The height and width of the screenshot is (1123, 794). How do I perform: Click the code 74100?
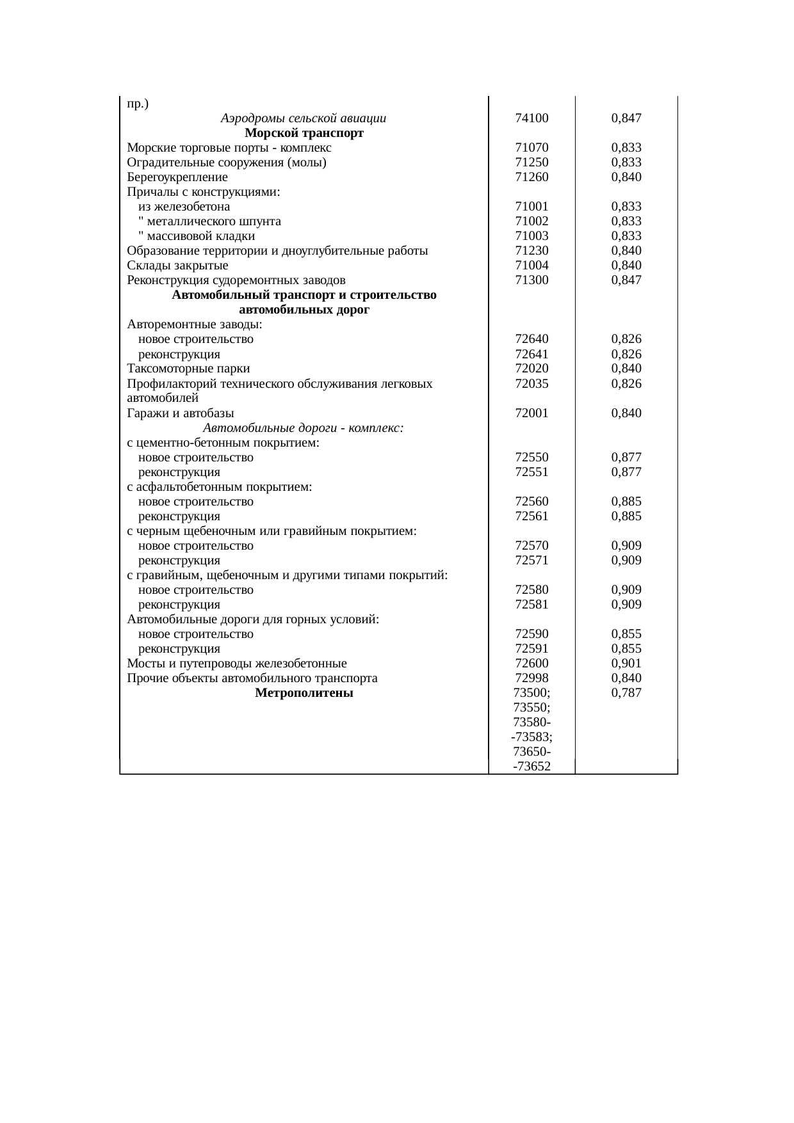(531, 118)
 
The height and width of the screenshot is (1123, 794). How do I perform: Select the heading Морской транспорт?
(304, 133)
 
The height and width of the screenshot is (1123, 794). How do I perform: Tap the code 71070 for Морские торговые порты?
(531, 148)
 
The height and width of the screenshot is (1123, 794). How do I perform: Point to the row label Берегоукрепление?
(177, 177)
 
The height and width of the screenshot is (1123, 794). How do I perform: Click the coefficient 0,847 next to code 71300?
(626, 280)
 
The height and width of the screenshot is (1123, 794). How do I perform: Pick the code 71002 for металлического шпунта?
(531, 221)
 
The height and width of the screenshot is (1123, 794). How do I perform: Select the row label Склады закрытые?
(177, 266)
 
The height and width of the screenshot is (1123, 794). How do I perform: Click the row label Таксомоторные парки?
(188, 369)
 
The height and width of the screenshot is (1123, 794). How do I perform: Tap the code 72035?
(531, 384)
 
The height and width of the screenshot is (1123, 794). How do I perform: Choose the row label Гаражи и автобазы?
(180, 413)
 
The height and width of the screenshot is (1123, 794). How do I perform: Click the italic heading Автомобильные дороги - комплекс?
(303, 428)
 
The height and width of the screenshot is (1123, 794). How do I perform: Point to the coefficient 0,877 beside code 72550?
(626, 458)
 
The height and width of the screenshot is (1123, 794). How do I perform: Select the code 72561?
(531, 516)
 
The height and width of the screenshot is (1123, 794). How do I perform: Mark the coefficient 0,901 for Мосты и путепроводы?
(626, 664)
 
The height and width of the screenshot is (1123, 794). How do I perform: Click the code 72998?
(531, 678)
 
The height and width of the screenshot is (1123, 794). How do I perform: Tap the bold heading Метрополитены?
(304, 693)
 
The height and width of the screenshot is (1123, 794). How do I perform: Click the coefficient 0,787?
(626, 693)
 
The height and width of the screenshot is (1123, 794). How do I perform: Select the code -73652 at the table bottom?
(531, 766)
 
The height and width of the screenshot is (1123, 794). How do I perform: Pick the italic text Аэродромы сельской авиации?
(303, 118)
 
